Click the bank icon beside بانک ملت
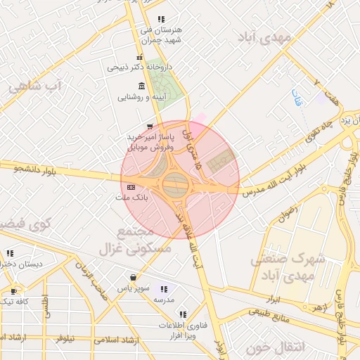(x=131, y=187)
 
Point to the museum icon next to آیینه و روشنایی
(x=142, y=86)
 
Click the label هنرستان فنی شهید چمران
(x=161, y=34)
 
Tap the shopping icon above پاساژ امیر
(x=148, y=126)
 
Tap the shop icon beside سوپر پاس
(x=132, y=277)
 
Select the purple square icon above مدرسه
(x=164, y=288)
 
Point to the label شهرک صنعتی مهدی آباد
(x=289, y=267)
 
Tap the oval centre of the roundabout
(x=176, y=186)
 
